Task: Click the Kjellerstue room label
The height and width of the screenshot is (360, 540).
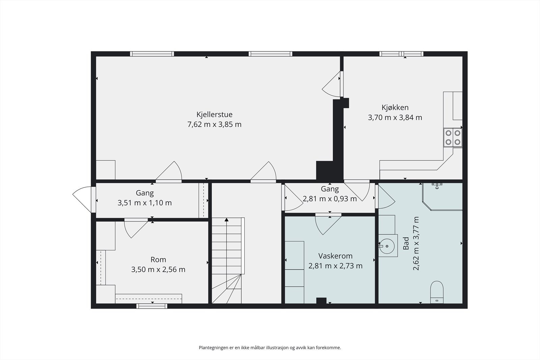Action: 214,114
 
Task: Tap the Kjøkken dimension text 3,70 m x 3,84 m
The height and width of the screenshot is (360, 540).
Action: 395,118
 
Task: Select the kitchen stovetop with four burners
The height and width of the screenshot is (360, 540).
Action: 453,138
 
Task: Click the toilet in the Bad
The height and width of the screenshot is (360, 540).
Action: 437,292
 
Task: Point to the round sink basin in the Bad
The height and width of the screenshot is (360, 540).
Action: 387,246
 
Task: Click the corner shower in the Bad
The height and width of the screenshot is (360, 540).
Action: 442,197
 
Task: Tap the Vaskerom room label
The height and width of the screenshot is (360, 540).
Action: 335,256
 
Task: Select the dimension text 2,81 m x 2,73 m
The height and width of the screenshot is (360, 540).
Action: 335,266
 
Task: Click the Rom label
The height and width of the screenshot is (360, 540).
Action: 158,259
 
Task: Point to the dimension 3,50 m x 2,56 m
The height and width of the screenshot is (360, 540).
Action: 158,269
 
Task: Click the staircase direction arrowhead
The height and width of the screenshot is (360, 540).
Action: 226,220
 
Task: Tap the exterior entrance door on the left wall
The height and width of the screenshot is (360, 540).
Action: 82,199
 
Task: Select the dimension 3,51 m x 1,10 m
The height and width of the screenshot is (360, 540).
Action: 145,203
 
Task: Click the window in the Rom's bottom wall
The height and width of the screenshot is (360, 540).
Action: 152,306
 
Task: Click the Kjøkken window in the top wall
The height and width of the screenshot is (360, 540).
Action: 401,54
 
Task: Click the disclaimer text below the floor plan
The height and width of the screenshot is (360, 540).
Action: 270,348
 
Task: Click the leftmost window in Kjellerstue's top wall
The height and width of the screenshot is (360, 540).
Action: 152,54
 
